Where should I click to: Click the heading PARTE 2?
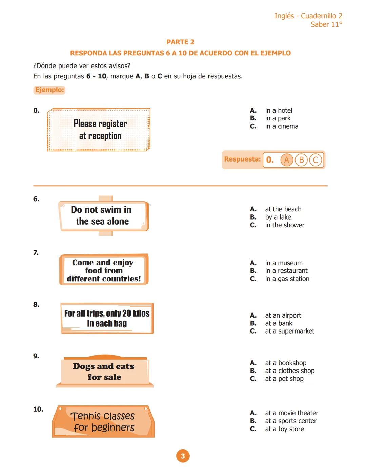(x=180, y=42)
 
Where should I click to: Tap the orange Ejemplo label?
(x=49, y=90)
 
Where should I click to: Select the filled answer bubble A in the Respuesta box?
(x=286, y=160)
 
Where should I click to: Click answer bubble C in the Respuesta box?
(x=316, y=160)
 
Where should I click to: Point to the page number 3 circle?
(x=183, y=456)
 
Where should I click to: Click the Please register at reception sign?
(x=99, y=130)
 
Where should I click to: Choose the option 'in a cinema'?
(x=281, y=126)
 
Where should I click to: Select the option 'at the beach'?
(x=283, y=209)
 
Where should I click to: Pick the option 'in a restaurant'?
(x=286, y=271)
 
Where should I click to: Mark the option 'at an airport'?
(x=283, y=316)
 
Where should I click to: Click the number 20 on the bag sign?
(x=127, y=314)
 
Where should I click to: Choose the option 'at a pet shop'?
(x=284, y=379)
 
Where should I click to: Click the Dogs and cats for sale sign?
(x=104, y=372)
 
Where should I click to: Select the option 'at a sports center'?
(x=290, y=421)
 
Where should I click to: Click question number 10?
(x=38, y=409)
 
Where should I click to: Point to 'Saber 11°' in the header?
(x=326, y=24)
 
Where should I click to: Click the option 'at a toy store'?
(x=284, y=429)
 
